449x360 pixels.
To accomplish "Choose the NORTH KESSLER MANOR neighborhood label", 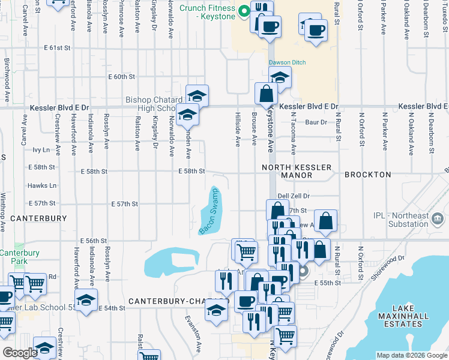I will (x=287, y=170).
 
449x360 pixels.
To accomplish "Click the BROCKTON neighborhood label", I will (x=367, y=175).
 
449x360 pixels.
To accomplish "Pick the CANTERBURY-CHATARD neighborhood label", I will (x=178, y=301).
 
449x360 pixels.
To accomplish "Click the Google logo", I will (x=20, y=353).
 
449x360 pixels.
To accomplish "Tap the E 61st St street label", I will (x=57, y=47).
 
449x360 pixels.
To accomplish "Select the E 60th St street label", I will (x=122, y=77).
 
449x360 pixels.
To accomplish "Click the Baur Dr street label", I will (x=315, y=122).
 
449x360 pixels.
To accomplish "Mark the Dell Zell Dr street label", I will (x=293, y=196).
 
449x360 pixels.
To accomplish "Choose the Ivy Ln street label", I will (x=41, y=149).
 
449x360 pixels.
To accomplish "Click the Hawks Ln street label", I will (x=44, y=185).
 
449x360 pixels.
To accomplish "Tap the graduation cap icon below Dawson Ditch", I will (x=280, y=77).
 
